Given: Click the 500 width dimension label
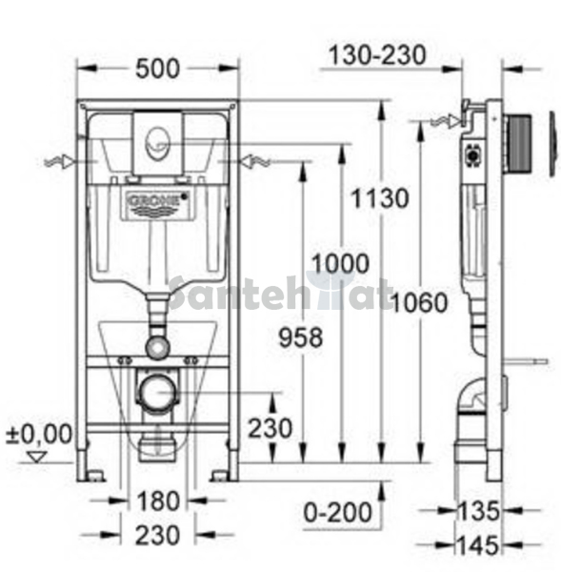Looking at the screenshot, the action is point(157,69).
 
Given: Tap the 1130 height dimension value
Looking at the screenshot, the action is point(380,198).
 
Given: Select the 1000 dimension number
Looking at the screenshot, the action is point(340,263).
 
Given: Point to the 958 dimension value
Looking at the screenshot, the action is point(301,337).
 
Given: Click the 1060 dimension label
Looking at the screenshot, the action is point(420,302).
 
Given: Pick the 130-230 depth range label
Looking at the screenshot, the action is point(377,55).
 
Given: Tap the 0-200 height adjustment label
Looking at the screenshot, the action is point(337,512).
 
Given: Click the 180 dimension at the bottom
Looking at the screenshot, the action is point(158,500).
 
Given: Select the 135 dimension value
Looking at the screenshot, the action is point(478,511).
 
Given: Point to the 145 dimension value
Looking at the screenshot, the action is point(478,545).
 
